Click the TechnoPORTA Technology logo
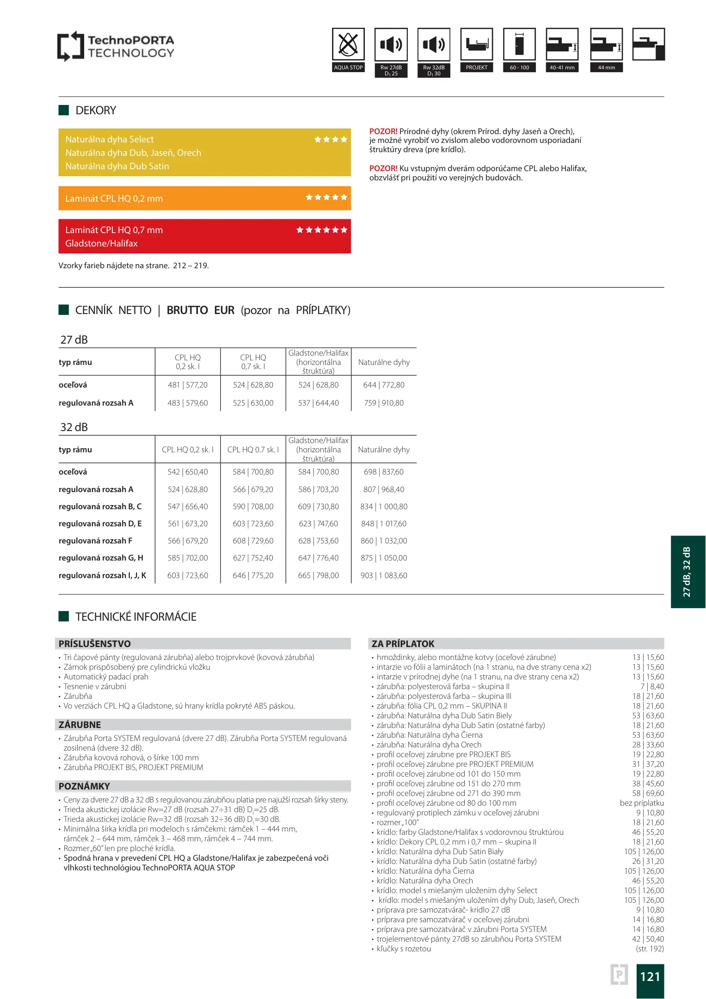pos(116,46)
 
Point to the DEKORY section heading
pos(96,111)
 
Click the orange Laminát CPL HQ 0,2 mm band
pos(204,198)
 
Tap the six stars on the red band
pos(321,230)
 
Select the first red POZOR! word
pos(383,131)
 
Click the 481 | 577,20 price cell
pos(188,385)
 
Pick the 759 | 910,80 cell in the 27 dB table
pos(384,403)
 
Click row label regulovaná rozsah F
pos(96,541)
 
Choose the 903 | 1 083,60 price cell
pos(384,575)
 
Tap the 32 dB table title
pos(74,427)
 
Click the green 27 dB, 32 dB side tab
pos(688,572)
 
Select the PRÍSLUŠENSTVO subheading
pos(95,644)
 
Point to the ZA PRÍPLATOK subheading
pos(403,644)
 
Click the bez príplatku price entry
pos(642,803)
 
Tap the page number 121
pos(650,976)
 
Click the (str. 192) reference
pos(650,949)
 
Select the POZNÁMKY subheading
pos(84,786)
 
